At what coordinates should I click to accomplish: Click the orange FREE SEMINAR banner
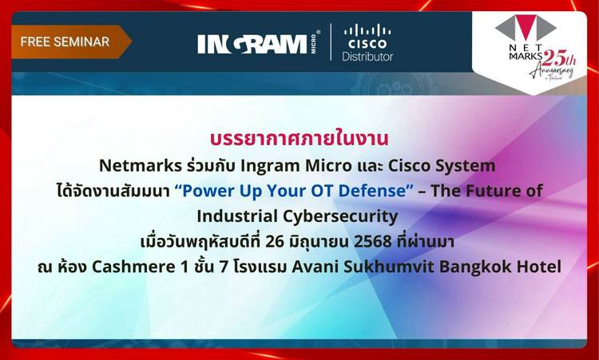(71, 42)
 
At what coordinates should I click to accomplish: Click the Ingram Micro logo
(259, 43)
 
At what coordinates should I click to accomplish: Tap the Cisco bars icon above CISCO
(367, 30)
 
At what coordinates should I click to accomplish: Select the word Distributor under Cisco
(367, 57)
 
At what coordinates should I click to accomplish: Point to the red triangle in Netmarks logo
(526, 27)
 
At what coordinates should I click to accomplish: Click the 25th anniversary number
(559, 58)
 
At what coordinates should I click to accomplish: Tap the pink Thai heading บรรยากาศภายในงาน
(299, 139)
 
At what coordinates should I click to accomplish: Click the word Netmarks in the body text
(141, 166)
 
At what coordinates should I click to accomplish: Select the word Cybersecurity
(340, 217)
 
